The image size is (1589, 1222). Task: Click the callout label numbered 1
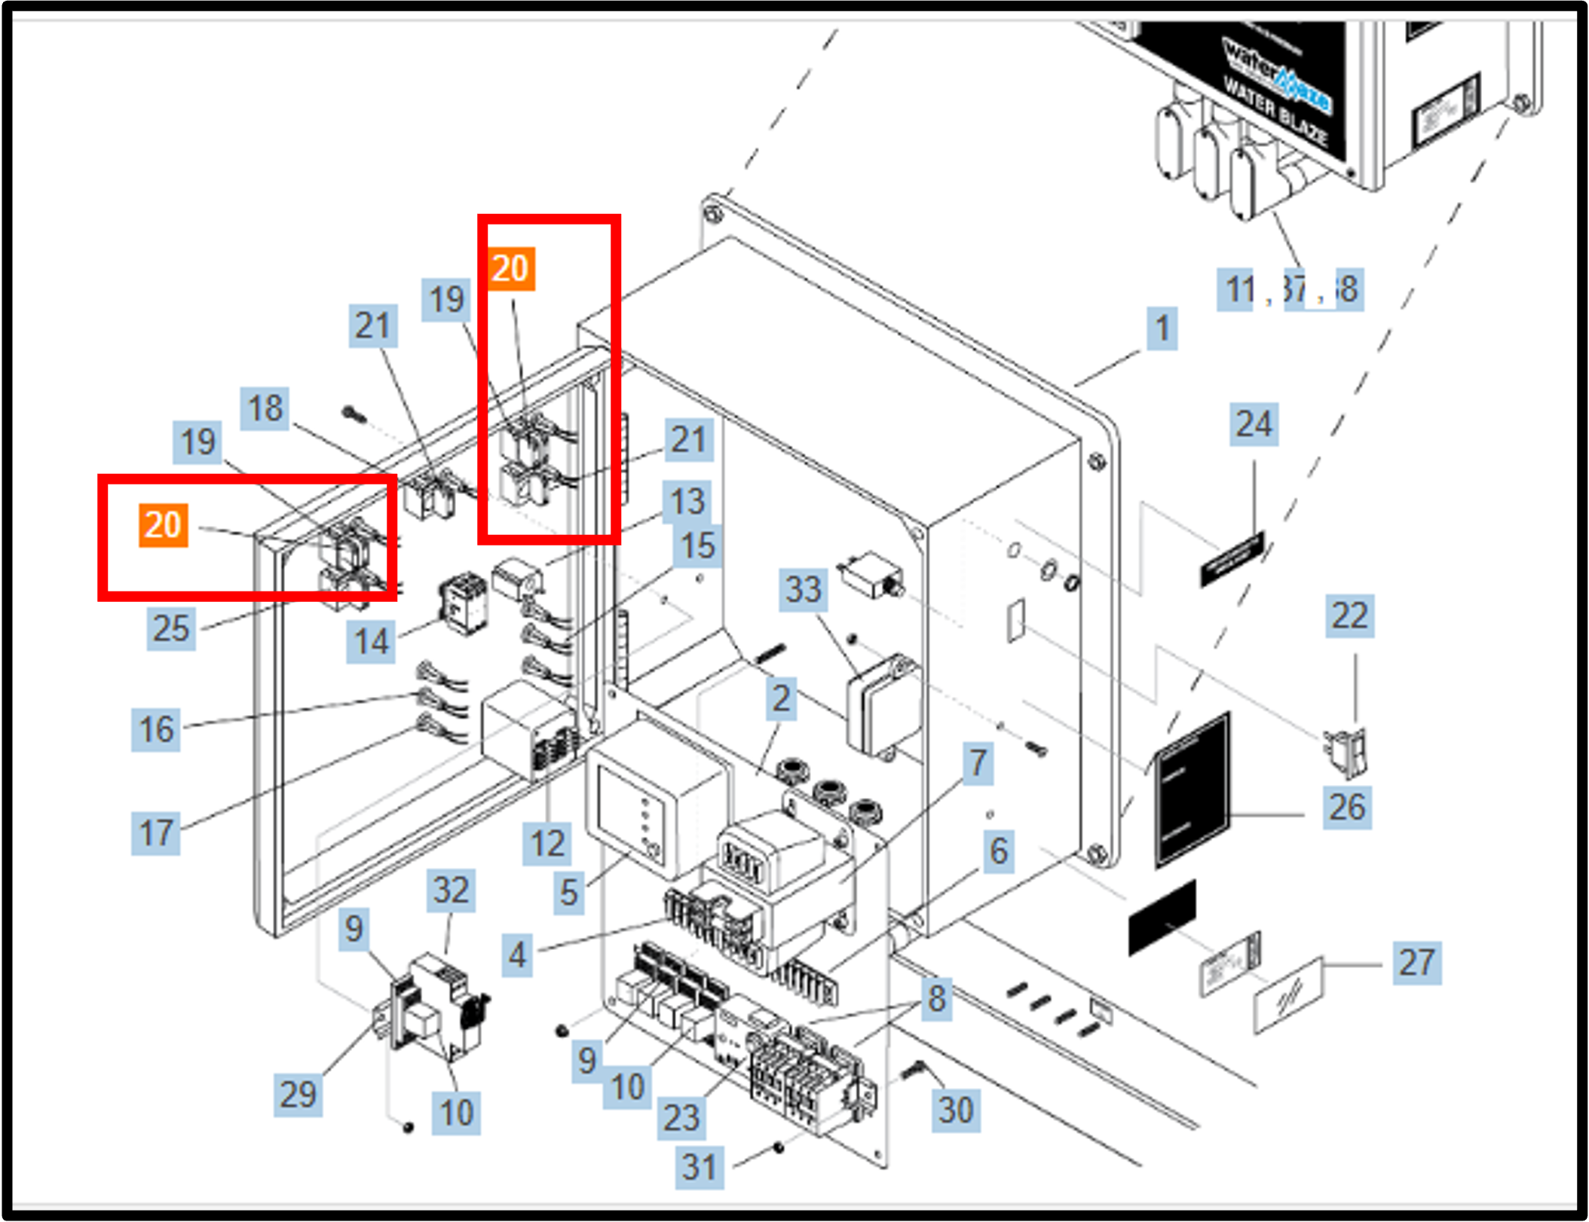tap(1162, 328)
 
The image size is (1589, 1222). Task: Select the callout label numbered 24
tap(1254, 424)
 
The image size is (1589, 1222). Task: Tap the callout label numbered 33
tap(803, 589)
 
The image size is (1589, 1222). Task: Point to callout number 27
tap(1416, 963)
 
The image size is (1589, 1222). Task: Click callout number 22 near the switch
tap(1349, 616)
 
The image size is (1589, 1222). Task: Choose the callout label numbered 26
tap(1347, 808)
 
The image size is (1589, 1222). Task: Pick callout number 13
tap(687, 502)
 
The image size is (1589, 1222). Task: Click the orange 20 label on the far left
tap(163, 525)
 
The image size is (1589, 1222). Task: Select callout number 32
tap(451, 891)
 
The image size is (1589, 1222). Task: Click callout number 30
tap(956, 1110)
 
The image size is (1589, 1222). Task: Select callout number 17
tap(155, 833)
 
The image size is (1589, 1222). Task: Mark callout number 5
tap(568, 893)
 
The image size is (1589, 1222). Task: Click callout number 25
tap(171, 628)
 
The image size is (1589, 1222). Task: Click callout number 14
tap(371, 642)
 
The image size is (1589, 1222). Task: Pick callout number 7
tap(978, 763)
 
